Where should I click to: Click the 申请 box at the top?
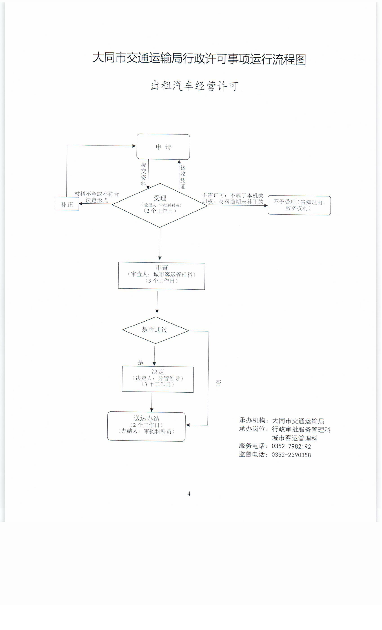(x=163, y=147)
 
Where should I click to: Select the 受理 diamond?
(x=160, y=205)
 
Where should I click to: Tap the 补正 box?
(x=67, y=204)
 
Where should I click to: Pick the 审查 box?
(x=161, y=276)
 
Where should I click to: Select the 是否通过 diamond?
(x=155, y=330)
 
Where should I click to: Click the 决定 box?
(x=158, y=379)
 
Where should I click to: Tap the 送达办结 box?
(x=146, y=426)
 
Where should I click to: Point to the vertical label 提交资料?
(x=144, y=174)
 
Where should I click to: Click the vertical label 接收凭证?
(x=183, y=177)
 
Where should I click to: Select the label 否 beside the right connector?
(x=218, y=383)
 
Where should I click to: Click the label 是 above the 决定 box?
(x=140, y=362)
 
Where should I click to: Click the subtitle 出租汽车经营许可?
(x=194, y=86)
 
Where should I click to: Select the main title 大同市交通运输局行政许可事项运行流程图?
(x=199, y=59)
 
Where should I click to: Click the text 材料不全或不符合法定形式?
(x=97, y=197)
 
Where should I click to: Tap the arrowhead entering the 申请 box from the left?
(x=134, y=146)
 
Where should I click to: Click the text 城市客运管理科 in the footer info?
(x=294, y=438)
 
